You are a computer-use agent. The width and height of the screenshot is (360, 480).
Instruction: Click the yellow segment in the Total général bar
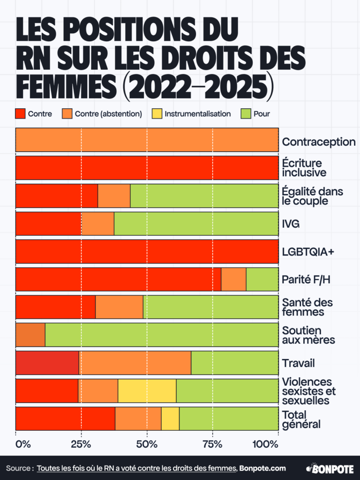pos(170,419)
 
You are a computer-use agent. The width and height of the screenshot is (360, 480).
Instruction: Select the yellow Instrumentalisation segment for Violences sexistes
pos(147,391)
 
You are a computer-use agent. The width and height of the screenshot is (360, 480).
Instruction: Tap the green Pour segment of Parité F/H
pos(262,279)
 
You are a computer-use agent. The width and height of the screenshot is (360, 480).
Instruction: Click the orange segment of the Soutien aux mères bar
pos(30,335)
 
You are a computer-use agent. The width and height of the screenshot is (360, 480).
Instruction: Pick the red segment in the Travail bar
pos(47,363)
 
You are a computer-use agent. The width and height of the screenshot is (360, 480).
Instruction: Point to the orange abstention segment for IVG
pos(98,224)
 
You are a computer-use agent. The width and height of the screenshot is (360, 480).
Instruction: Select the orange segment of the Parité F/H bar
pos(233,279)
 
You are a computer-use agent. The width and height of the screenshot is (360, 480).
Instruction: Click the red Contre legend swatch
pos(20,113)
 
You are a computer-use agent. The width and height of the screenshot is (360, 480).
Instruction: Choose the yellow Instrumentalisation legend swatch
pos(157,113)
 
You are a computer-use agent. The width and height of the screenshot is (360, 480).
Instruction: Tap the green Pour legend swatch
pos(246,113)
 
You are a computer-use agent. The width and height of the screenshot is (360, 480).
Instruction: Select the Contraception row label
pos(318,142)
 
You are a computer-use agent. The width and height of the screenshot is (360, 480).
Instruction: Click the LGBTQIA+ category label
pos(308,252)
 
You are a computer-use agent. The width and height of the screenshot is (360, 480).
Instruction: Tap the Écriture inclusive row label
pos(304,168)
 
